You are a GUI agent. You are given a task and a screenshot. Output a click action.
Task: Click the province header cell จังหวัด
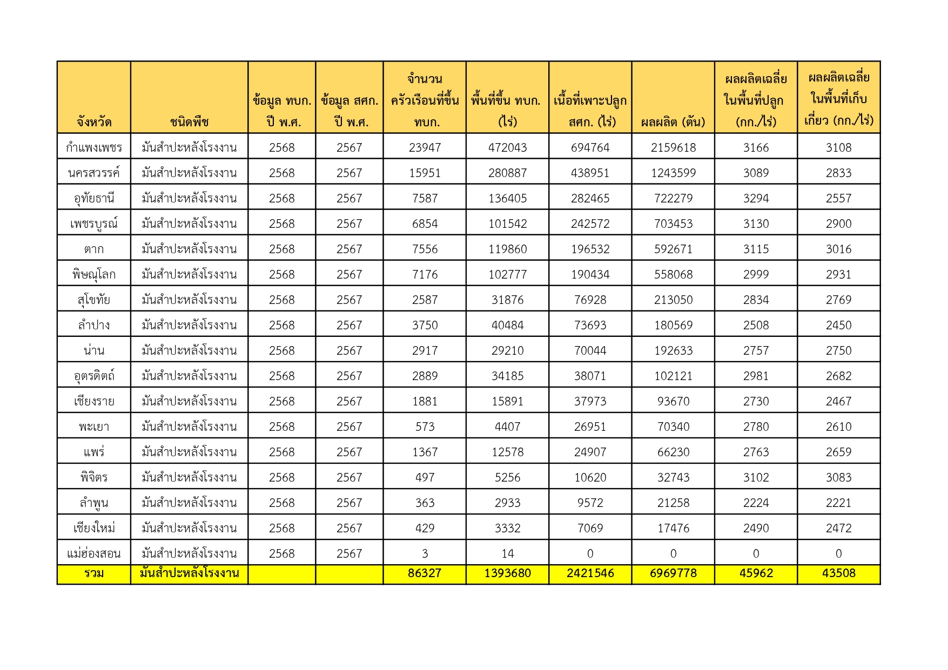click(94, 122)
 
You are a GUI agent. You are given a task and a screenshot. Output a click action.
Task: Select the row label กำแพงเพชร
click(94, 147)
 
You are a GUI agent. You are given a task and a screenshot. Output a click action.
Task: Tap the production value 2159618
click(673, 147)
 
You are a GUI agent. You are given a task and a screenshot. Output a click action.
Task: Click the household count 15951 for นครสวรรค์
click(425, 173)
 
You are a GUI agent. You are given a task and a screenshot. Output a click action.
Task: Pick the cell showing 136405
click(507, 198)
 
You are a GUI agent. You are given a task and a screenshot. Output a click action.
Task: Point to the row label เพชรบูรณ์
click(94, 224)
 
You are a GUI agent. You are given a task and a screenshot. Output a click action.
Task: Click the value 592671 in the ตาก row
click(673, 249)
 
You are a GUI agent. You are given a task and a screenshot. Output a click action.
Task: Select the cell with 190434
click(590, 274)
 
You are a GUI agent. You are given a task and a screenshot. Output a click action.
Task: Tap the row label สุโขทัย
click(94, 300)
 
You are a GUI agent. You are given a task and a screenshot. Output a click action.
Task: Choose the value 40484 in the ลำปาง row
click(507, 325)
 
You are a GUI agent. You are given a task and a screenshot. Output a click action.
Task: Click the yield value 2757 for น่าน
click(756, 350)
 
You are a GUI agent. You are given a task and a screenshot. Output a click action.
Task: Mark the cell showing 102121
click(673, 376)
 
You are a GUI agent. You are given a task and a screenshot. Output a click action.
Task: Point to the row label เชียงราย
click(94, 401)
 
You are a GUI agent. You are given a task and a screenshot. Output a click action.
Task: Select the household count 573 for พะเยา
click(425, 427)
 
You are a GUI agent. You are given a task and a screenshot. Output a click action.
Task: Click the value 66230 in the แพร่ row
click(673, 452)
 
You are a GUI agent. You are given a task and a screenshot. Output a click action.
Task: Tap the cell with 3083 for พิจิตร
click(838, 477)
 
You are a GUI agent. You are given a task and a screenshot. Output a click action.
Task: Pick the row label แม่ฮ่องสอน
click(94, 553)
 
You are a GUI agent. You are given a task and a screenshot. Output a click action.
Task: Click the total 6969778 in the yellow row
click(673, 573)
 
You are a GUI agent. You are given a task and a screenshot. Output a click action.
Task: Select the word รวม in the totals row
click(94, 573)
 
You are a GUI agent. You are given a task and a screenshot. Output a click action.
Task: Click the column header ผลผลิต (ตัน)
click(673, 122)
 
